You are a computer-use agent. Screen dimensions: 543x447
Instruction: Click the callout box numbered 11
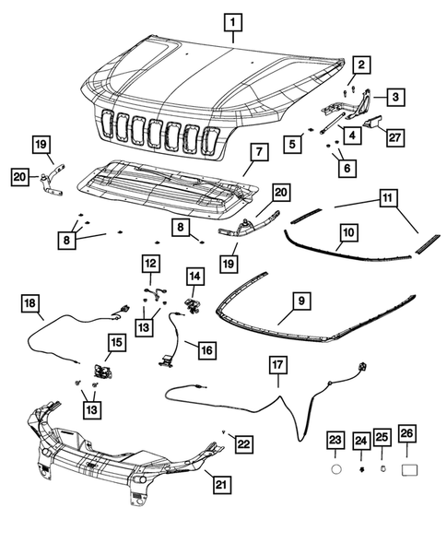[387, 197]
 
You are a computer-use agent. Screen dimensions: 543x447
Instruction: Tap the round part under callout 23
[335, 468]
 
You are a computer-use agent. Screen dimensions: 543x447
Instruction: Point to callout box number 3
[394, 96]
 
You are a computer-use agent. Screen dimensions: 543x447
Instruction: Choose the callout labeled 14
[194, 275]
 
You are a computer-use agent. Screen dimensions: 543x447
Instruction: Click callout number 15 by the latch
[116, 342]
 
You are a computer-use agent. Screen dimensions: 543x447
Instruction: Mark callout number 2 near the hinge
[362, 64]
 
